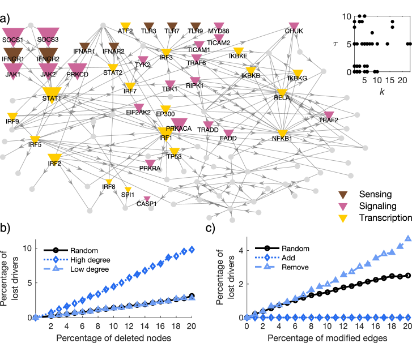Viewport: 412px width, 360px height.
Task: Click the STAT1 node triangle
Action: click(x=51, y=91)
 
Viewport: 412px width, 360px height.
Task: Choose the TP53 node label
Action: click(x=174, y=156)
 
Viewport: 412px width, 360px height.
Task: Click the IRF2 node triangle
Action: click(x=54, y=157)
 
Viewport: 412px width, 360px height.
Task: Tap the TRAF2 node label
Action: click(x=328, y=121)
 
